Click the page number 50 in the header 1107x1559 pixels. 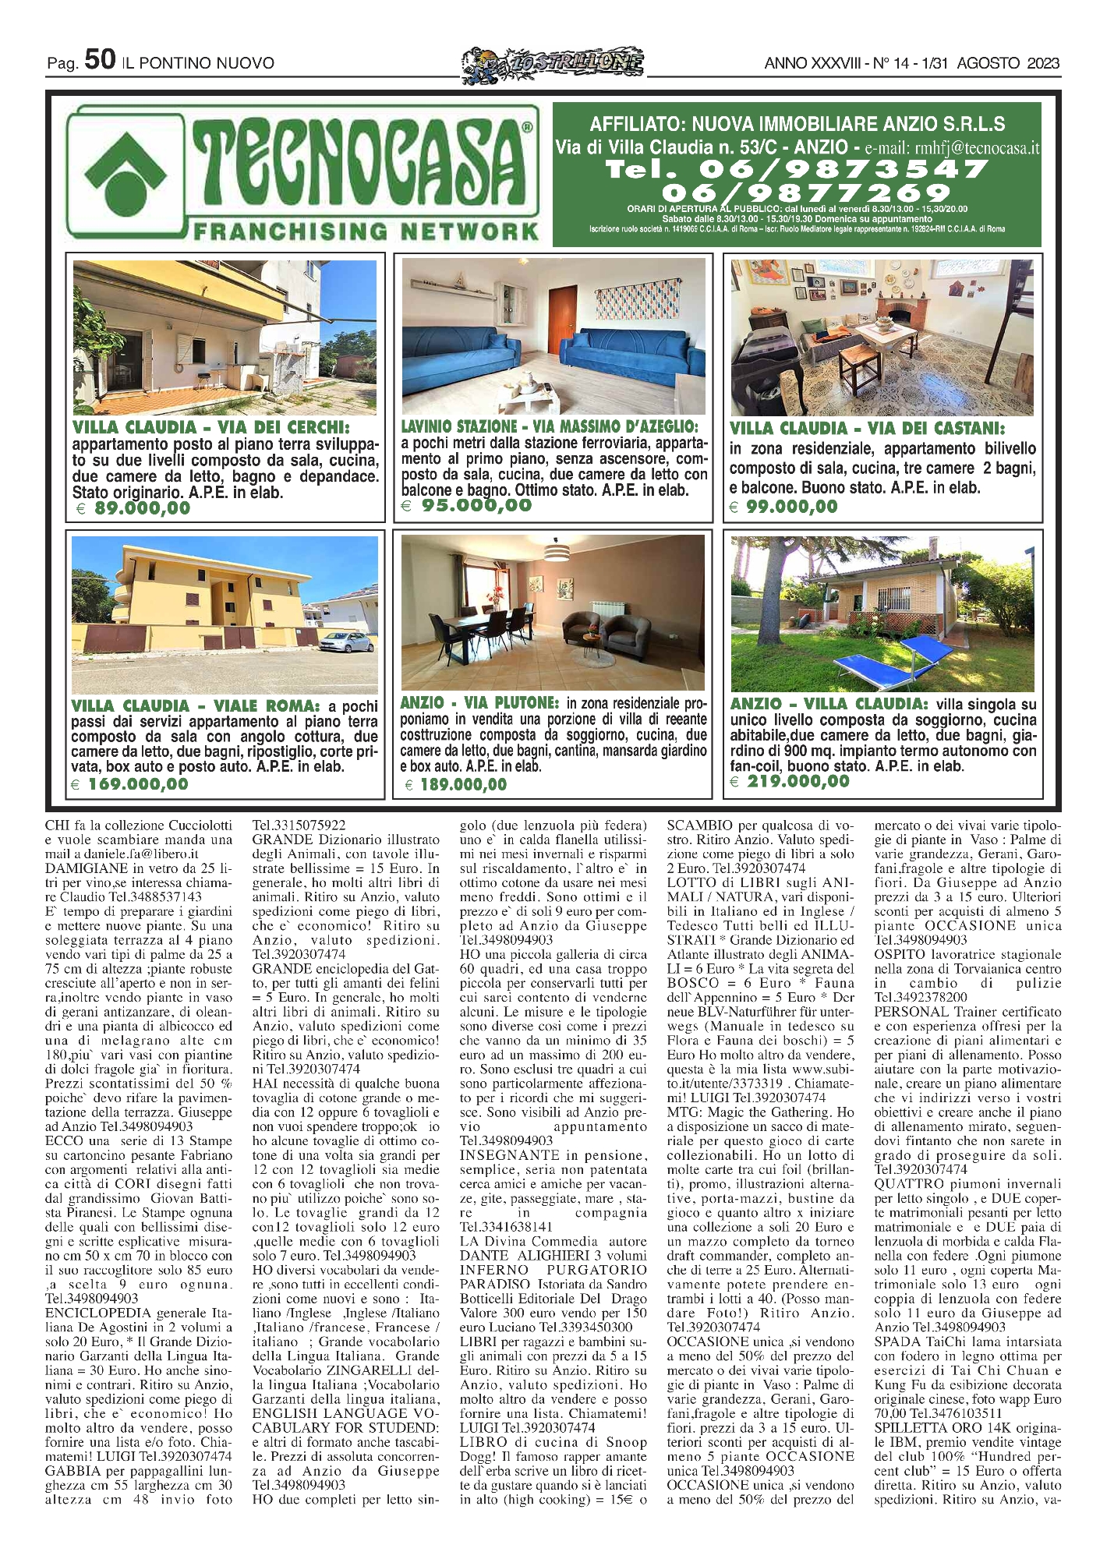point(100,59)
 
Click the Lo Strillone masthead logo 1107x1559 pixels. point(553,62)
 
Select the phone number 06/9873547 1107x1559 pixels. point(796,168)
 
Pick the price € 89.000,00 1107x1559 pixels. point(133,509)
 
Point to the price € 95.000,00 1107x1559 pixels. point(468,506)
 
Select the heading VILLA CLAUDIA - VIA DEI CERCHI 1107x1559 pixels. point(211,428)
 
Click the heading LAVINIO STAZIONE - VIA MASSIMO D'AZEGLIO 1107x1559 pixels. point(550,427)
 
